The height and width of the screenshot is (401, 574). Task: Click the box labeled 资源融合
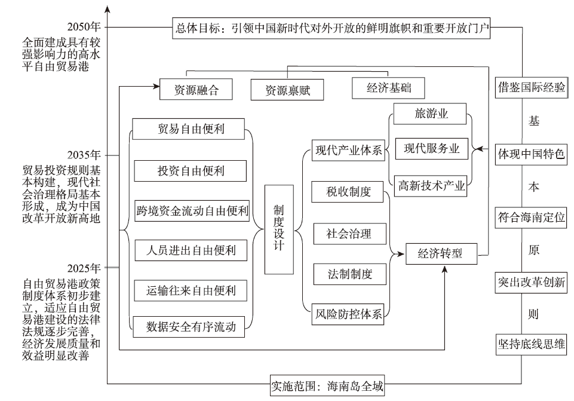tap(195, 90)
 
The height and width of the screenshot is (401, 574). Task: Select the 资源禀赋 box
tap(287, 90)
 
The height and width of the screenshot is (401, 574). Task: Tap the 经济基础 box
tap(388, 88)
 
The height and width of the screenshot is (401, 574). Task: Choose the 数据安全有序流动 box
tap(191, 326)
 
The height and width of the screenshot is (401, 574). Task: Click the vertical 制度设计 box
tap(278, 229)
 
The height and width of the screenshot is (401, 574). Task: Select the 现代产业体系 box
tap(348, 150)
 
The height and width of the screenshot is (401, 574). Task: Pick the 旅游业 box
tap(431, 114)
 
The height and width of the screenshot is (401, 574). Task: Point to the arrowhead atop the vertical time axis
tap(108, 8)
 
